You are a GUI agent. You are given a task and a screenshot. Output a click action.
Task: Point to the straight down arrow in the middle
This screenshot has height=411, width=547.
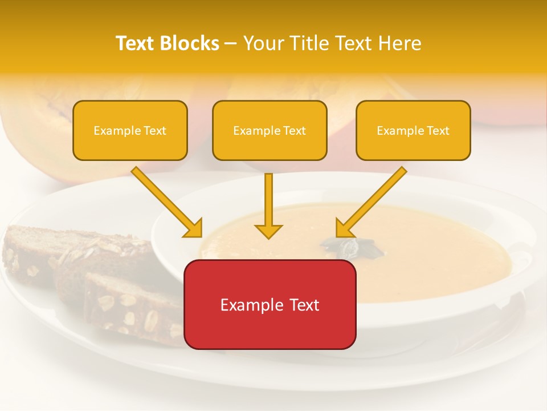[x=268, y=205]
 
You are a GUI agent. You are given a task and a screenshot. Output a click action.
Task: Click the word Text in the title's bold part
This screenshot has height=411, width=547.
[x=135, y=43]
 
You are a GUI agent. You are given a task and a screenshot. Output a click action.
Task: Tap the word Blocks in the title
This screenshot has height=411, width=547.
[x=189, y=43]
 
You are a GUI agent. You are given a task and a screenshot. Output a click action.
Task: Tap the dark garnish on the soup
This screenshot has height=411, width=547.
[x=342, y=245]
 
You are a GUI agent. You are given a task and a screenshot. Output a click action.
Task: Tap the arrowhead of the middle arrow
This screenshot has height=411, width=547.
[x=268, y=231]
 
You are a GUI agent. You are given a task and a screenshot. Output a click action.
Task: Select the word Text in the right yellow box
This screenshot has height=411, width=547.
[x=438, y=131]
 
